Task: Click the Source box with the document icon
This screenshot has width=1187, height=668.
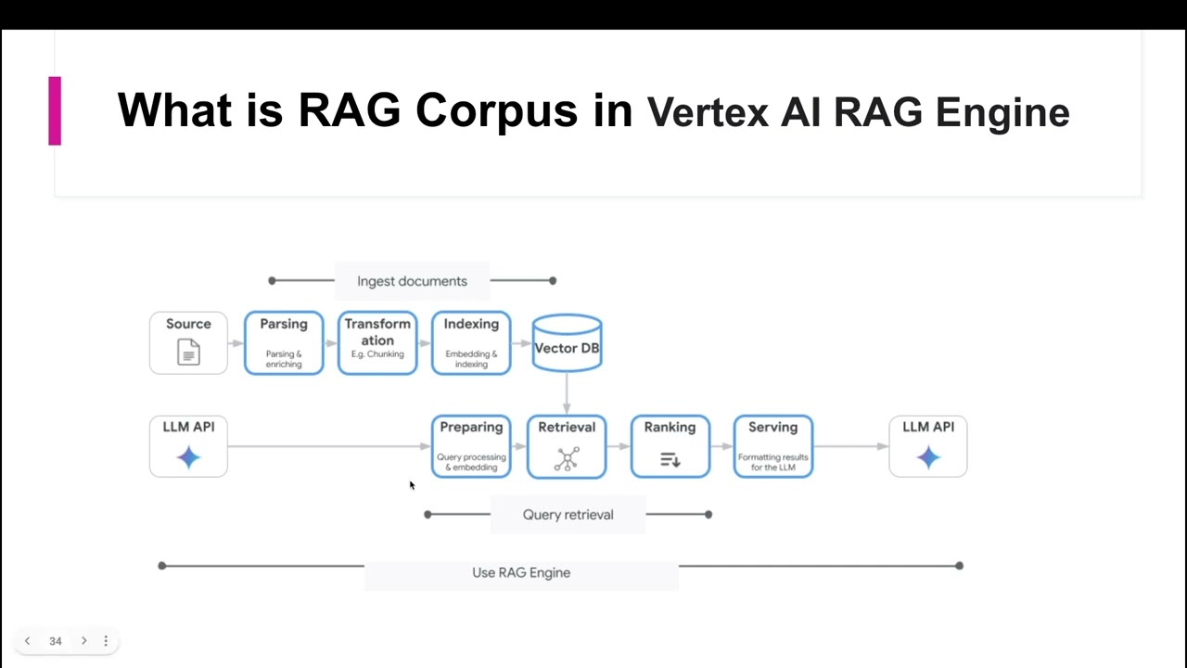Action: point(188,343)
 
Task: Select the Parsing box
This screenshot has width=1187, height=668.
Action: point(284,343)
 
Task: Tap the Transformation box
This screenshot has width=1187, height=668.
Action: point(377,343)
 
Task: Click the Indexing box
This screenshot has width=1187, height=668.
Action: point(471,343)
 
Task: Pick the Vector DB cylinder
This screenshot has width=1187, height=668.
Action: point(567,344)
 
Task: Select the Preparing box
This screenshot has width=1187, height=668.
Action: point(471,446)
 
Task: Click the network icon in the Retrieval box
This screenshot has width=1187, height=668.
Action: point(567,458)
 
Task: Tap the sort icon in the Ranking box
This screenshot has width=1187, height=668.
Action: point(670,458)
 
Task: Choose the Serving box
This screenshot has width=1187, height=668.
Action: point(772,446)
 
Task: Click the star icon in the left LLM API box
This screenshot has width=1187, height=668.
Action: point(188,457)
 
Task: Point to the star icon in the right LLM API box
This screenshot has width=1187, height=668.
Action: point(928,457)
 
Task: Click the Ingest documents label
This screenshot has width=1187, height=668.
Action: point(412,281)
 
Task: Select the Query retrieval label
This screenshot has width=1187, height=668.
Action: point(568,515)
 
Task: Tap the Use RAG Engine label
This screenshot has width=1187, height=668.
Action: point(521,572)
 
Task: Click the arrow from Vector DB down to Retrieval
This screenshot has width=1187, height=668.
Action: point(567,393)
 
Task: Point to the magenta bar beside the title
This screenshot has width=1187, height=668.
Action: point(55,110)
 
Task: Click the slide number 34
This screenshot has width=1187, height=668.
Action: point(56,641)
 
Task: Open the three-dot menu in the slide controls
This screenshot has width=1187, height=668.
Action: point(106,641)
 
